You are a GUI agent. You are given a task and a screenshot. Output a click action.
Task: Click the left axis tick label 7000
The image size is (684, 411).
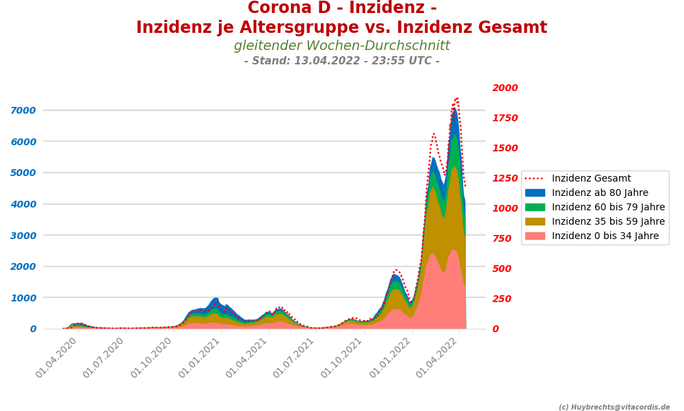pyautogui.click(x=24, y=110)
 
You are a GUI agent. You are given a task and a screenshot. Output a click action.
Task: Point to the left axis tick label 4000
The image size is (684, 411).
pyautogui.click(x=24, y=204)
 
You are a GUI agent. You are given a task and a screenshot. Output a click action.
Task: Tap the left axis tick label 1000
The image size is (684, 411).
pyautogui.click(x=24, y=298)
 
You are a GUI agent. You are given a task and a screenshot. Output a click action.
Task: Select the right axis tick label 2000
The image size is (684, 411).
pyautogui.click(x=505, y=88)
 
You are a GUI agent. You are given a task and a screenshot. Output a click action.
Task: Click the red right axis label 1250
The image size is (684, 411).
pyautogui.click(x=505, y=178)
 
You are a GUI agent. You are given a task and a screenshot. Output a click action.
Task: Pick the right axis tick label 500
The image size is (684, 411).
pyautogui.click(x=501, y=269)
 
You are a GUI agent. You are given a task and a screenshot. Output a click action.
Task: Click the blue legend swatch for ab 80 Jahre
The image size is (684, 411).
pyautogui.click(x=535, y=193)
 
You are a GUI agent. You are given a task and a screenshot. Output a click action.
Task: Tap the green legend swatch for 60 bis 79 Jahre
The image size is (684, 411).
pyautogui.click(x=535, y=208)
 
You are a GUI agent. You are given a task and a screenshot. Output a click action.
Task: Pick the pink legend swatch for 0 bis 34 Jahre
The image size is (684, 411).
pyautogui.click(x=535, y=236)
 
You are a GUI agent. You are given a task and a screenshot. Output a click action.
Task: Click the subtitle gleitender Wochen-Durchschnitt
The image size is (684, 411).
pyautogui.click(x=342, y=46)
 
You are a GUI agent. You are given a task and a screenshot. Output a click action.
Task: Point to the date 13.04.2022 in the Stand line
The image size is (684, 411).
pyautogui.click(x=332, y=61)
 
